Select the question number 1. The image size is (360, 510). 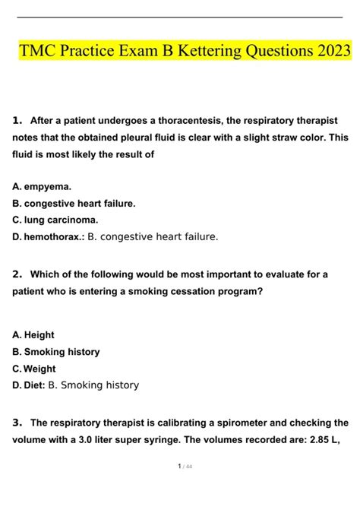tap(17, 120)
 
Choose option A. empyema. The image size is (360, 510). tap(42, 186)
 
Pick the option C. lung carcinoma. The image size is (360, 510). tap(55, 220)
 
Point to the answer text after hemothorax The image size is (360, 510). tap(153, 236)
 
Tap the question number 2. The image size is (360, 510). tap(17, 274)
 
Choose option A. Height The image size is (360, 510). tap(33, 334)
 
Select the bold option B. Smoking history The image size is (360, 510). tap(56, 352)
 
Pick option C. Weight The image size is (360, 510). tap(34, 369)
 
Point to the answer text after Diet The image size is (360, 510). tap(93, 385)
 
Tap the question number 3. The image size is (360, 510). tap(17, 423)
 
